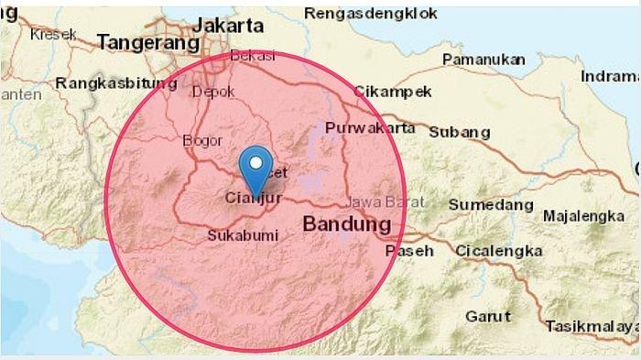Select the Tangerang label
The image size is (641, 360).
[147, 42]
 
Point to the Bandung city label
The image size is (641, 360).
[346, 224]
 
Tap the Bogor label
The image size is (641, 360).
[202, 140]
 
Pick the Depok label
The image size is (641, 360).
[213, 91]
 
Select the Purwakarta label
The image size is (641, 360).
[370, 128]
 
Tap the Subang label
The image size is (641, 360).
[460, 132]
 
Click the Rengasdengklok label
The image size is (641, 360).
[370, 14]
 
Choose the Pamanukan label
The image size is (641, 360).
[483, 60]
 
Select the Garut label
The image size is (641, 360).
[488, 316]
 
